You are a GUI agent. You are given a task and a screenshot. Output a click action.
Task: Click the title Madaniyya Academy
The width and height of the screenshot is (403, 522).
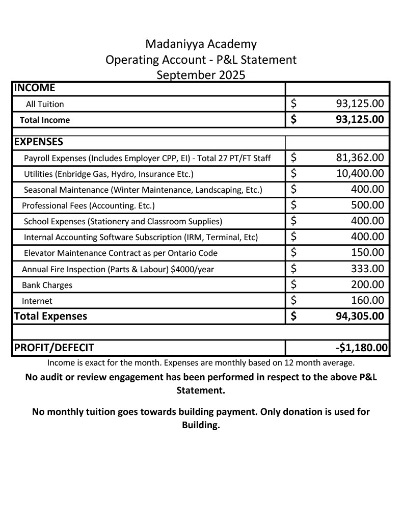201,44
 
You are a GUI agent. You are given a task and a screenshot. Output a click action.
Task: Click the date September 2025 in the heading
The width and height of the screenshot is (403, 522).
201,75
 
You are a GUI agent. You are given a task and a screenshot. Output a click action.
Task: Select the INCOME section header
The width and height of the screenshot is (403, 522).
34,88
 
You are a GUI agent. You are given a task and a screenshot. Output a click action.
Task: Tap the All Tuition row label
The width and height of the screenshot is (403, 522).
45,104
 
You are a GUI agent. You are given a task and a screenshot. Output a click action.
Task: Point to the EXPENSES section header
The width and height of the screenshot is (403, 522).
39,142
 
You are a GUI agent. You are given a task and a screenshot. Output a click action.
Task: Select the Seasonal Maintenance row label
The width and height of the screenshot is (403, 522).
143,190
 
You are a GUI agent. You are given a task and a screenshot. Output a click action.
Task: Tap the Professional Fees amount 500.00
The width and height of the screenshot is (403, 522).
367,205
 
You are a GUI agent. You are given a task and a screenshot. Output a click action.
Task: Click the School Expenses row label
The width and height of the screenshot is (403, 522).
123,221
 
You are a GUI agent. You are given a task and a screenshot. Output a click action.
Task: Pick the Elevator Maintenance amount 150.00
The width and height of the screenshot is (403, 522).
367,252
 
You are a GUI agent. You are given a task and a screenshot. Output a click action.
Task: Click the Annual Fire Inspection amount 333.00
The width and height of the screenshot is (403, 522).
367,269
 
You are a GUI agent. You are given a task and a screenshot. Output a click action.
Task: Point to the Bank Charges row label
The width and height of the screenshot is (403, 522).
47,285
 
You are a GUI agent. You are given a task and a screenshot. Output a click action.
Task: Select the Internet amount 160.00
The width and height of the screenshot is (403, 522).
367,300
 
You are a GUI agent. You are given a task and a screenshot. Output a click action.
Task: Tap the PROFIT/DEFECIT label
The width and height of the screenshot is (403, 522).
54,348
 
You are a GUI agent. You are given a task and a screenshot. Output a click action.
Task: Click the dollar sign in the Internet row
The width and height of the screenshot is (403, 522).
293,300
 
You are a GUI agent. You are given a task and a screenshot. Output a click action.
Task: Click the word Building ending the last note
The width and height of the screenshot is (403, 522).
200,425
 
